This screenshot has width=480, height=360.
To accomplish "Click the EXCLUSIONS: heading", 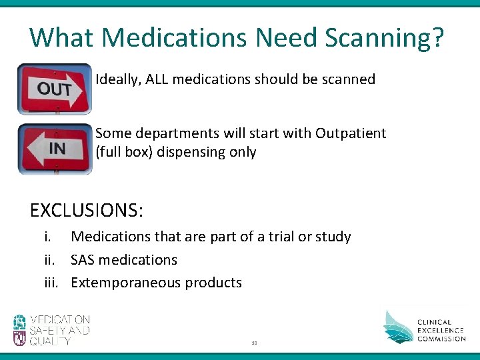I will coord(86,211).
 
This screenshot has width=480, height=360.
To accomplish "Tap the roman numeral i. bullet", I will coord(48,237).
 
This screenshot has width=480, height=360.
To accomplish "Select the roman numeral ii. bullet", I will coord(50,259).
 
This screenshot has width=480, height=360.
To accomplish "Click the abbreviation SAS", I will coord(85,259).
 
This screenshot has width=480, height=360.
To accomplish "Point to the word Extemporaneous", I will coord(125,282).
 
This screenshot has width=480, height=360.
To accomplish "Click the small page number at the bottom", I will coord(255,341).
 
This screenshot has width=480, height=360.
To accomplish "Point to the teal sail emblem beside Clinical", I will coord(398,327).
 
